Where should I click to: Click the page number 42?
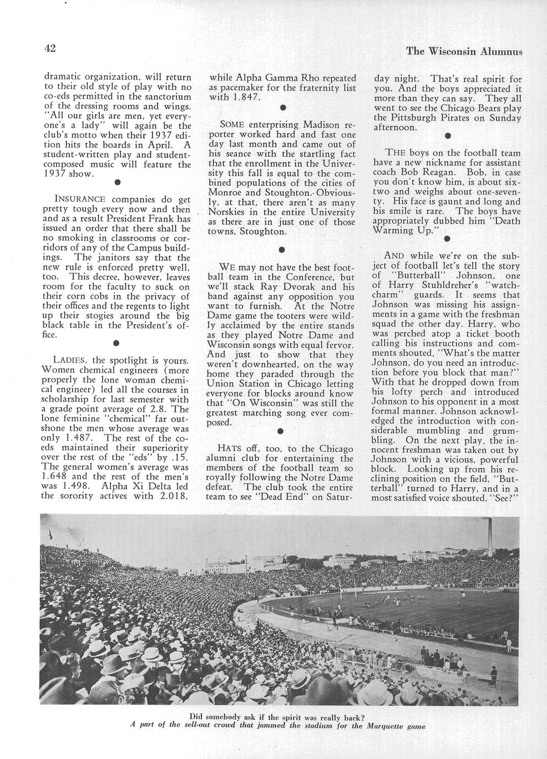[x=50, y=48]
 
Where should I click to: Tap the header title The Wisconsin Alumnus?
[x=463, y=51]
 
